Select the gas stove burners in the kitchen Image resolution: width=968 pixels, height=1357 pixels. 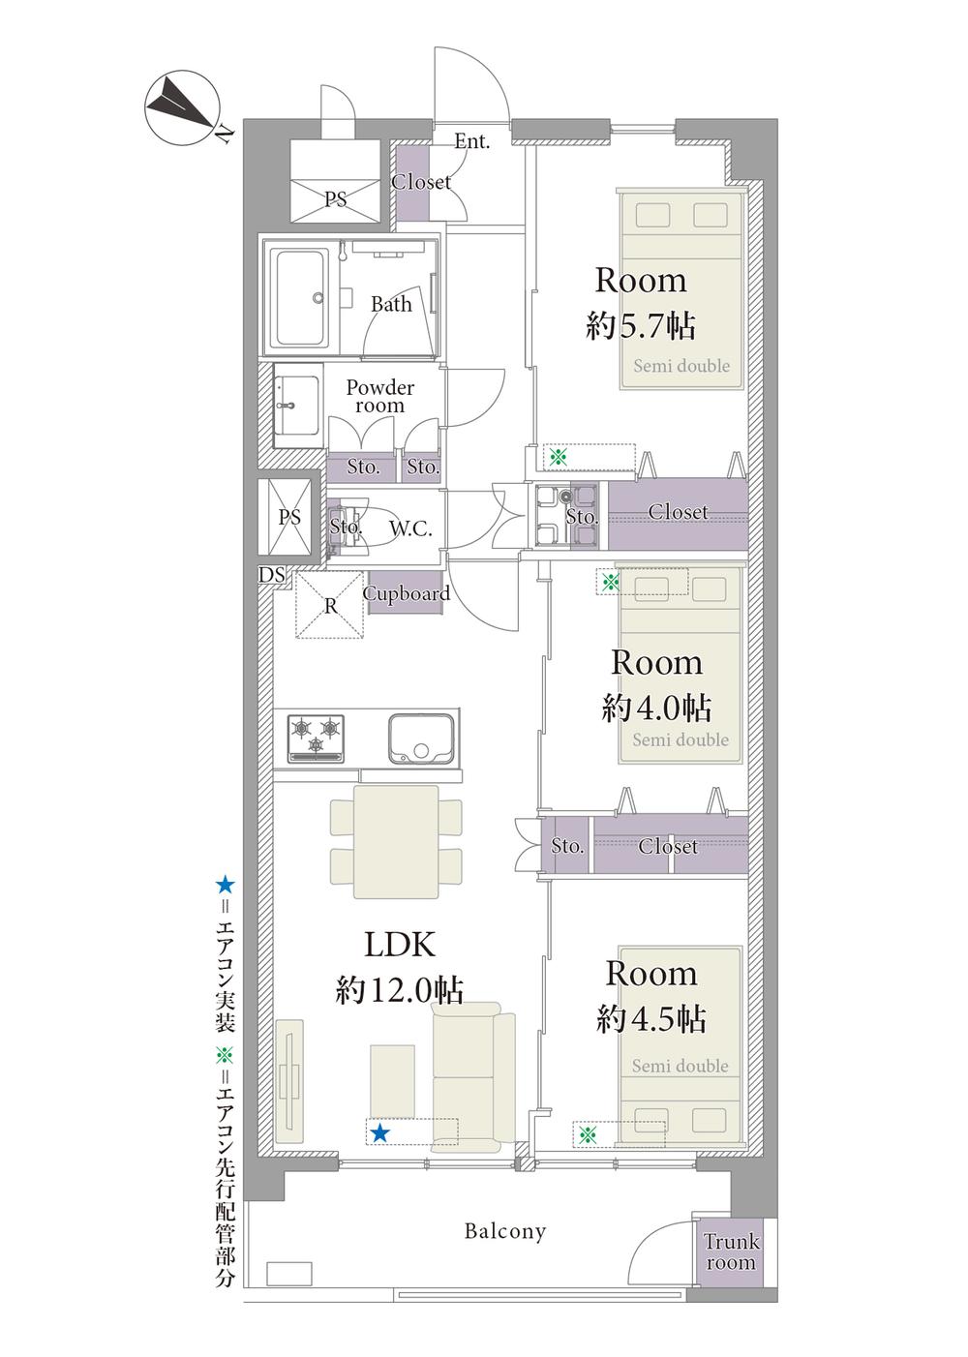tap(315, 739)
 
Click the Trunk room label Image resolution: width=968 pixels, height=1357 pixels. tap(731, 1252)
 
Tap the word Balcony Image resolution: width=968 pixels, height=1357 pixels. tap(505, 1231)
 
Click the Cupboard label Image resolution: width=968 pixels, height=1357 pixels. tap(406, 593)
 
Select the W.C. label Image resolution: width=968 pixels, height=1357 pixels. tap(410, 528)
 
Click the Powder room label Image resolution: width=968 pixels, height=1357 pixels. tap(379, 396)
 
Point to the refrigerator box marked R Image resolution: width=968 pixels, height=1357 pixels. tap(329, 605)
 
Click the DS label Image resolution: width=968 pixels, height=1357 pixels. tap(271, 574)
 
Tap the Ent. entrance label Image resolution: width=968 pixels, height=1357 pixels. tap(471, 141)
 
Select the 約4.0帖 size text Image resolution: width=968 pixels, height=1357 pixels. tap(656, 707)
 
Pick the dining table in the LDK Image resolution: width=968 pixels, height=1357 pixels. tap(396, 841)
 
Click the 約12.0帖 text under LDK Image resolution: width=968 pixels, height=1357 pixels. tap(400, 990)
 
